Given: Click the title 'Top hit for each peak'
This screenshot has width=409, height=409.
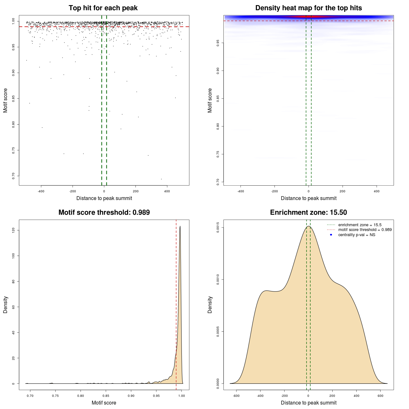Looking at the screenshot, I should tap(103, 8).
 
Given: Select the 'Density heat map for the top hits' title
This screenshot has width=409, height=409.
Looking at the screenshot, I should tap(308, 8).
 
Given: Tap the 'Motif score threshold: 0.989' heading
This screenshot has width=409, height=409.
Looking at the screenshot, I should tap(104, 212).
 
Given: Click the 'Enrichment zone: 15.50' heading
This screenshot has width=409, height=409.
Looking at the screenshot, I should tap(308, 212).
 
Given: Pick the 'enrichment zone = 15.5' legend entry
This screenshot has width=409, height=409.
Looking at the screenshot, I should tap(360, 225).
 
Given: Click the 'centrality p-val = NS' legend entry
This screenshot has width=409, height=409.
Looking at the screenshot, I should tap(357, 235).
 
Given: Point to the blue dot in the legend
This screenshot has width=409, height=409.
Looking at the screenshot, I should tap(331, 235).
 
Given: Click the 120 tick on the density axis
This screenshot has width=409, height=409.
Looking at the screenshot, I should tap(13, 230).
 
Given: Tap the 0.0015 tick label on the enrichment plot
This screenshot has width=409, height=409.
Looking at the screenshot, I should tap(218, 228).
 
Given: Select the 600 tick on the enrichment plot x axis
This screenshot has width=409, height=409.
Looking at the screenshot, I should tap(380, 396).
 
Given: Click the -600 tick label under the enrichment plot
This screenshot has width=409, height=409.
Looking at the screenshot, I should tap(236, 396).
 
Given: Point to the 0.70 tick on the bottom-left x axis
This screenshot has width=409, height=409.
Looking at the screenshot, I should tap(30, 396).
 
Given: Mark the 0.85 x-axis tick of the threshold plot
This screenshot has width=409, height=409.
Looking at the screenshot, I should tap(106, 396).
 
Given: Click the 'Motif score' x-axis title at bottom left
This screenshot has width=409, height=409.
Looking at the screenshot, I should tap(104, 403).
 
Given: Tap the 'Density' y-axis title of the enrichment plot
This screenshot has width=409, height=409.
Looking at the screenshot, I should tap(210, 305).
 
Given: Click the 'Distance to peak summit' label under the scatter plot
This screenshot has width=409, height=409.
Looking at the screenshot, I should tap(104, 198).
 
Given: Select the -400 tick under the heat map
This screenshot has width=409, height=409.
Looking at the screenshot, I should tap(241, 191).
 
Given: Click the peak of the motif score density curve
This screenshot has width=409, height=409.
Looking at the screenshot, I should tap(180, 226).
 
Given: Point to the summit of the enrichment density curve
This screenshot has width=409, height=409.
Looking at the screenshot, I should tap(308, 226).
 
